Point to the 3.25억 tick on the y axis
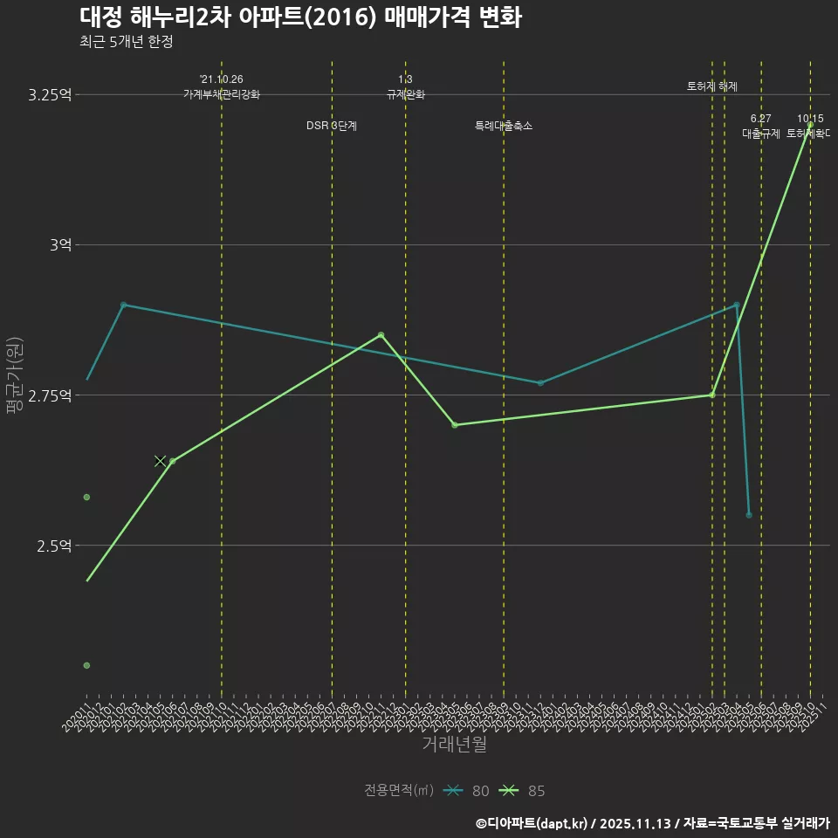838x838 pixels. coord(50,94)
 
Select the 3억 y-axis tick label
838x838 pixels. coord(59,244)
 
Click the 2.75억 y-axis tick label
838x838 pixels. coord(50,395)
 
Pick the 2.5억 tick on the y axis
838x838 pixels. coord(53,545)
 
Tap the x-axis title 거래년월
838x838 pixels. coord(454,744)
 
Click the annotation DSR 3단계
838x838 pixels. coord(332,126)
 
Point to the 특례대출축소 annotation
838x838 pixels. coord(504,126)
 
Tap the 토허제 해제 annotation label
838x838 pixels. coord(712,86)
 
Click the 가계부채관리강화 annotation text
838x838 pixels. coord(222,94)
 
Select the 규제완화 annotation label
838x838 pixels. coord(405,94)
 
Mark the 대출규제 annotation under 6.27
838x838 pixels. coord(761,134)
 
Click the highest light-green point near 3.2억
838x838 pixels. coord(810,125)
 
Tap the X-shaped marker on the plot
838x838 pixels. coord(160,461)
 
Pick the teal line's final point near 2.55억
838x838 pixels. coord(749,515)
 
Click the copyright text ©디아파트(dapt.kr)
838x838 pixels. coord(533,822)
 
